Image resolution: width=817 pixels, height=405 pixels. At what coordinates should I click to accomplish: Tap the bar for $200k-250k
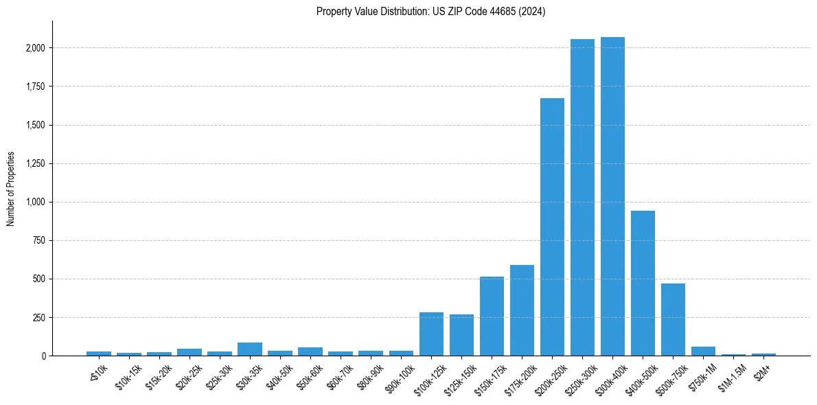tap(552, 227)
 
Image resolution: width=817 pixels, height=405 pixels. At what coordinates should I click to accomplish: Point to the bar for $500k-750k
tap(673, 320)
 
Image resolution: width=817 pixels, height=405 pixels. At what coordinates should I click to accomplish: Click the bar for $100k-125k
tap(431, 334)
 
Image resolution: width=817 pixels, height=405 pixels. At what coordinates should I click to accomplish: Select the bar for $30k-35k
tap(250, 349)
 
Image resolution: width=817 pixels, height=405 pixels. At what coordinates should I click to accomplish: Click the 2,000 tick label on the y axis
tap(34, 48)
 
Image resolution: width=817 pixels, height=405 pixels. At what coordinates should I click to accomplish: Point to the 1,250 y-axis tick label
tap(34, 163)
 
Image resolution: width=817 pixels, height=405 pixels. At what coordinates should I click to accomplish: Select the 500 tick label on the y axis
tap(38, 279)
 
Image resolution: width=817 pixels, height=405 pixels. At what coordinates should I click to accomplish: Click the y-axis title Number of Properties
tap(11, 188)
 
